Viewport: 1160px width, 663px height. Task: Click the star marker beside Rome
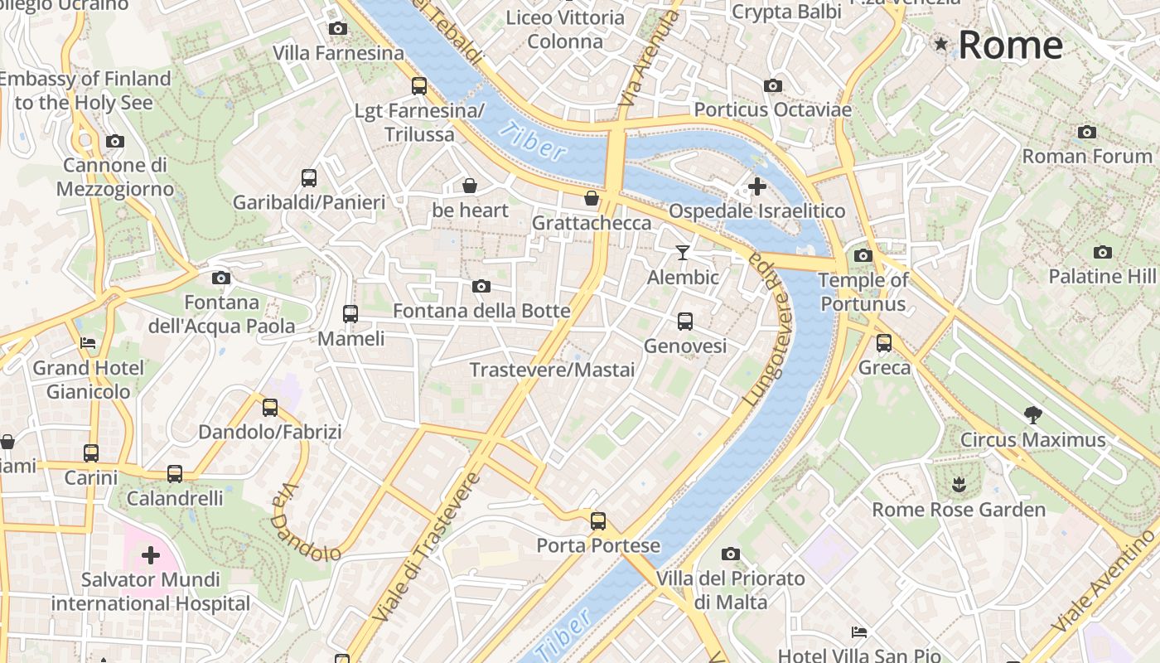[x=940, y=43]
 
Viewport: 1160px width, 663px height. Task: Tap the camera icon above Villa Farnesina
[x=337, y=29]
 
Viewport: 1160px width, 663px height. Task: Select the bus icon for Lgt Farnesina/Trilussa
[x=419, y=85]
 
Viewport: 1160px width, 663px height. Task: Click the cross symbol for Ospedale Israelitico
[x=756, y=186]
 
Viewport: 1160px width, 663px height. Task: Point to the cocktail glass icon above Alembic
[x=683, y=252]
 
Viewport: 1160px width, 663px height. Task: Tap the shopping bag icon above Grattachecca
[x=592, y=198]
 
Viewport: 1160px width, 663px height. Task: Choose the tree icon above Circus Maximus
[x=1032, y=414]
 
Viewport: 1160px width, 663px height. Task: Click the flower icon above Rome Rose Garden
[x=959, y=484]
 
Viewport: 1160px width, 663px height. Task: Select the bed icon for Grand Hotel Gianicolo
[x=88, y=342]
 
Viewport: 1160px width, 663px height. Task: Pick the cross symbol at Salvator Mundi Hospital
[x=151, y=554]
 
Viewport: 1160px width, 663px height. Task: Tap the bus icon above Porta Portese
[x=598, y=521]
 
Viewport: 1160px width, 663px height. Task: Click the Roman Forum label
[x=1087, y=156]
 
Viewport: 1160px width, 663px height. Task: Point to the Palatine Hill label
[x=1102, y=276]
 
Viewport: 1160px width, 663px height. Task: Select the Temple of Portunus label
[x=863, y=292]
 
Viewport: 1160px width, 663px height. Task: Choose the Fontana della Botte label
[x=481, y=311]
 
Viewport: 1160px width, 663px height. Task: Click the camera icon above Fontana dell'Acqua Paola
[x=220, y=278]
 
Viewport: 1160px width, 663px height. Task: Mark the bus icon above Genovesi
[x=684, y=322]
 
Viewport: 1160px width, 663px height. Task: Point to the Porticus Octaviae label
[x=772, y=109]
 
